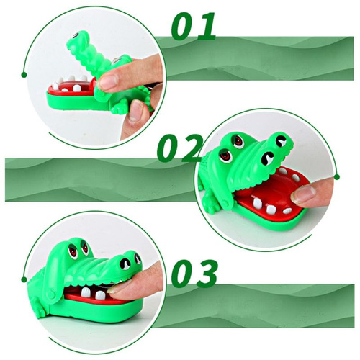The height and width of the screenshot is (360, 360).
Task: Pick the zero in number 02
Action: pyautogui.click(x=168, y=148)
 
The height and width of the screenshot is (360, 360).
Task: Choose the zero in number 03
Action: pyautogui.click(x=183, y=274)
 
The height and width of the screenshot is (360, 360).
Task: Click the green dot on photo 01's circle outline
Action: pyautogui.click(x=24, y=75)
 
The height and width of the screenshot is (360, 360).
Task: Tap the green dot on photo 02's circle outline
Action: pyautogui.click(x=337, y=177)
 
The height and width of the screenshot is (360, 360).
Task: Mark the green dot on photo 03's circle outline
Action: pyautogui.click(x=24, y=279)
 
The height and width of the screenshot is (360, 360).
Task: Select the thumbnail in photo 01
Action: pyautogui.click(x=136, y=111)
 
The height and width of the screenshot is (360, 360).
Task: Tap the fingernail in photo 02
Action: pyautogui.click(x=303, y=195)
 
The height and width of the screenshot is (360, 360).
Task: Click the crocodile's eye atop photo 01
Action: pyautogui.click(x=76, y=36)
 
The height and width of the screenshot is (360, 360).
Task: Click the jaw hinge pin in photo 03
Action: pyautogui.click(x=51, y=294)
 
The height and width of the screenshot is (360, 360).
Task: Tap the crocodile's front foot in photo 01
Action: pyautogui.click(x=117, y=109)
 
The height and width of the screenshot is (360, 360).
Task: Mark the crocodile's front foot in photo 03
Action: pyautogui.click(x=40, y=310)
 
